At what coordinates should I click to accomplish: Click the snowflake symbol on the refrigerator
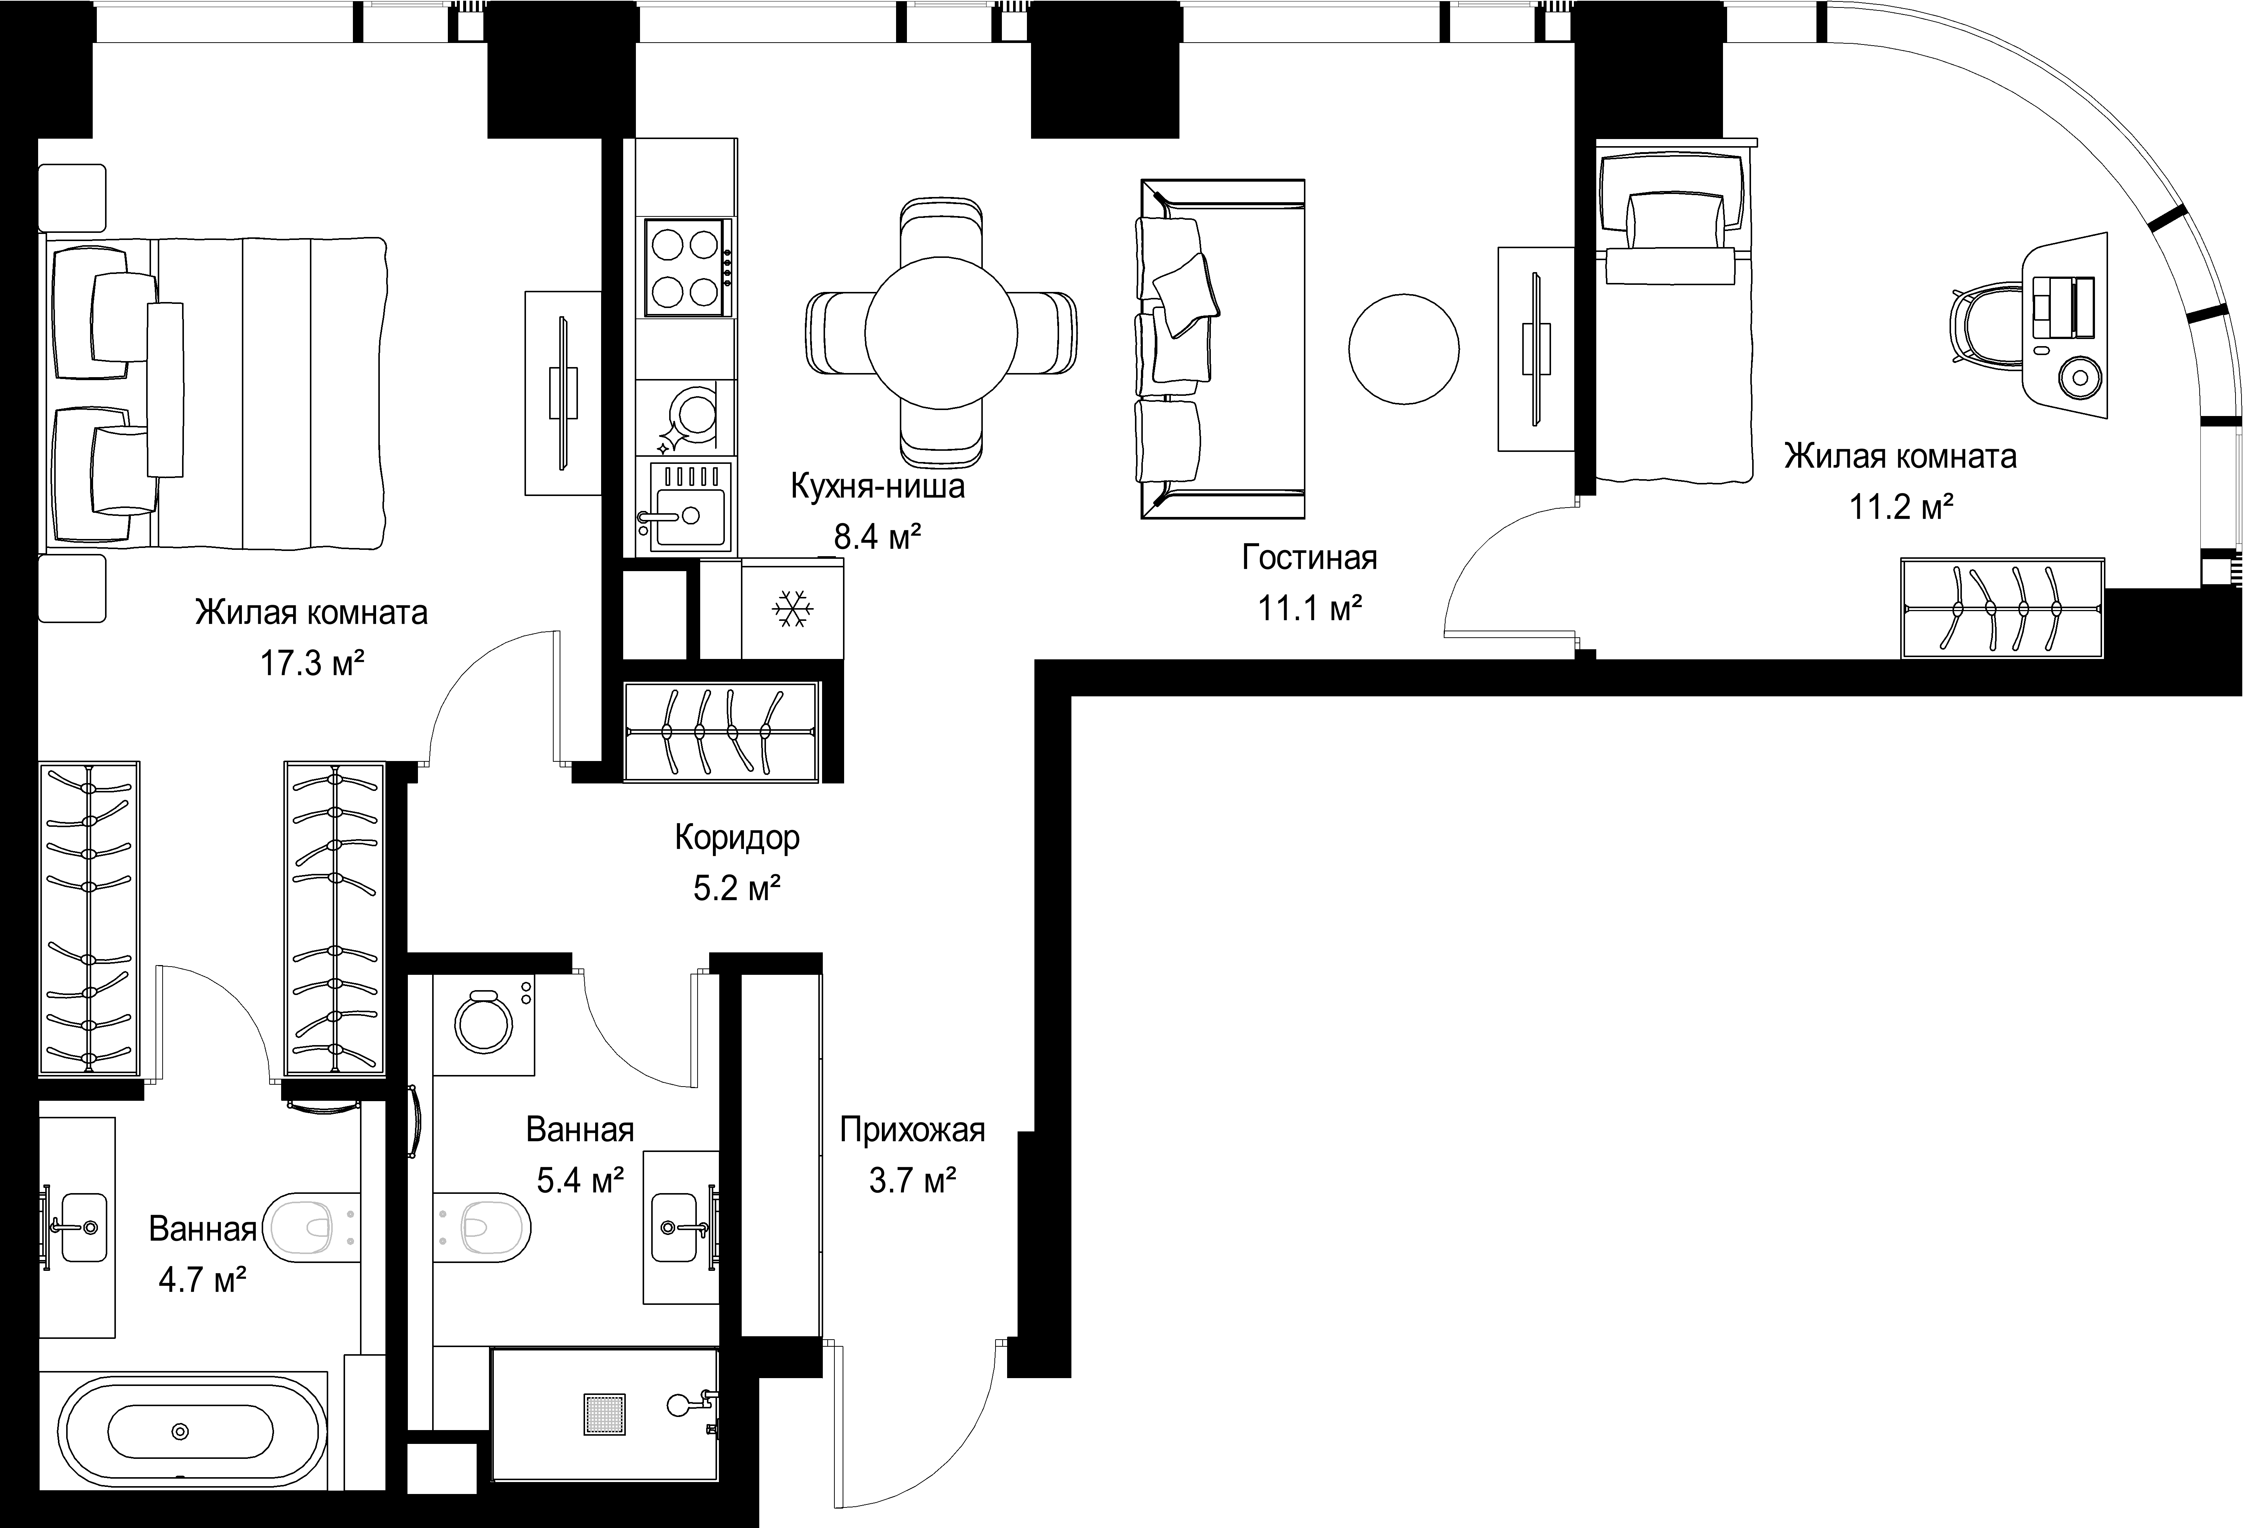[793, 610]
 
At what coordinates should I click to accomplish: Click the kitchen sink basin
[689, 514]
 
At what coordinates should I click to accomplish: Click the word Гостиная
[1309, 558]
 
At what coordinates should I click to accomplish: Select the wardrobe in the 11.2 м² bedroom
[2003, 608]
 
